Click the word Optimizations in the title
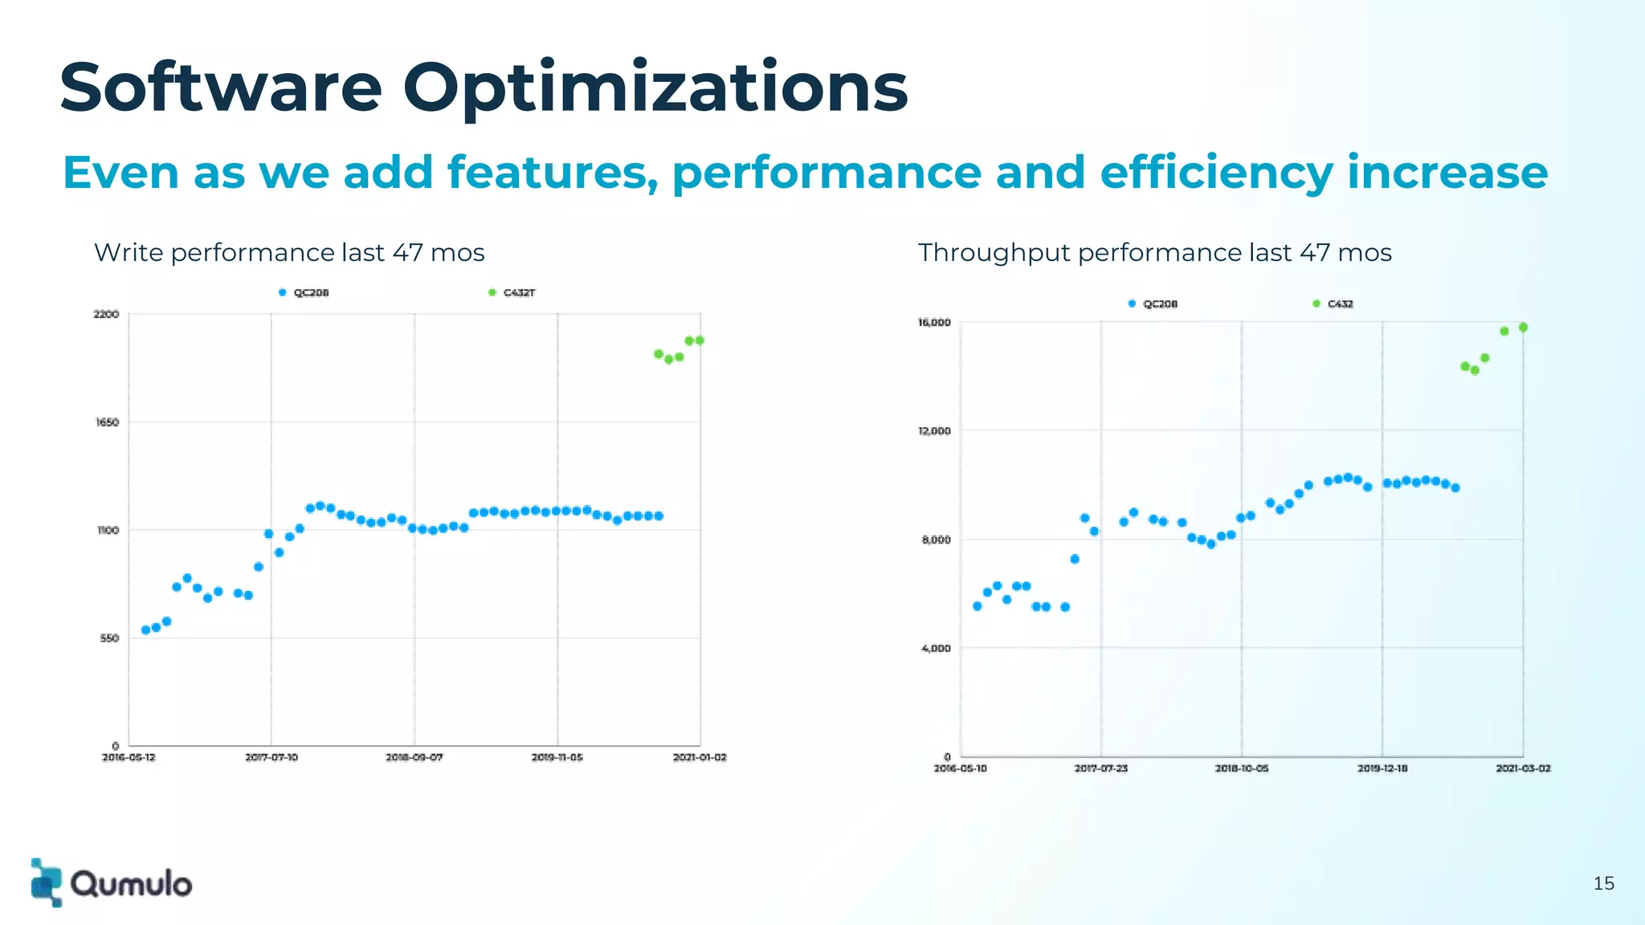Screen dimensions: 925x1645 (655, 88)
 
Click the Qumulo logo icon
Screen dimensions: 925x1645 (46, 882)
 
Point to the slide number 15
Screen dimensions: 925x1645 (1603, 883)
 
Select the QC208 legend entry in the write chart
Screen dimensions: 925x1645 (304, 292)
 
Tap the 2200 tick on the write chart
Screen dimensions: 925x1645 (106, 314)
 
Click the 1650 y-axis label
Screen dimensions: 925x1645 (107, 422)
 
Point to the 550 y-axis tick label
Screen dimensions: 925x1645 (109, 638)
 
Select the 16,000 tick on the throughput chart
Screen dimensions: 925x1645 (934, 323)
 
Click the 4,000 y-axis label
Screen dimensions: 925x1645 (936, 648)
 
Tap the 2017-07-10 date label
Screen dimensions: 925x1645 (271, 757)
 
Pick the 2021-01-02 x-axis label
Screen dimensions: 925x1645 (700, 757)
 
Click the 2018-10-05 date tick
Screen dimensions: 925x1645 (1241, 768)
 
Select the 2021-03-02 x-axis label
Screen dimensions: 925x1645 (1523, 768)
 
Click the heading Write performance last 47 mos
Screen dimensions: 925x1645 (289, 253)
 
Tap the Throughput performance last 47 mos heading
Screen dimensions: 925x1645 (1154, 253)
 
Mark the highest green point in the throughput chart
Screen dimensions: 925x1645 (1523, 328)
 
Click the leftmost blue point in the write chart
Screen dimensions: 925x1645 (145, 630)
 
